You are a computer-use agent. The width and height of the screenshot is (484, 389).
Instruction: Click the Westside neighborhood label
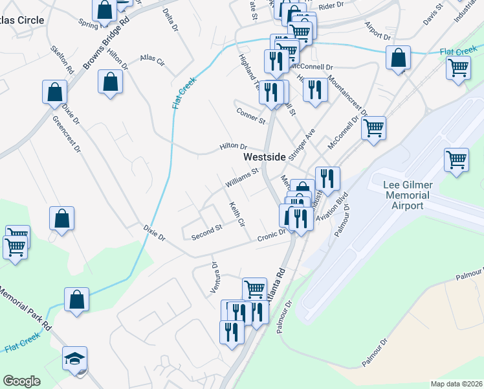coord(263,157)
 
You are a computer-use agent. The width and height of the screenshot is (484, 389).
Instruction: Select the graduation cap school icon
coord(75,358)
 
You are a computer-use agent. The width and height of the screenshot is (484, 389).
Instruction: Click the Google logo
coord(21,381)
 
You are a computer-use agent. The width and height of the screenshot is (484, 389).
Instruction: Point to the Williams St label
coord(241,178)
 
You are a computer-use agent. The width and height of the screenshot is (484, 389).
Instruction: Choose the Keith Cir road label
coord(236,215)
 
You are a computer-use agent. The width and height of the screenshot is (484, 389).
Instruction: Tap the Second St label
coord(206,233)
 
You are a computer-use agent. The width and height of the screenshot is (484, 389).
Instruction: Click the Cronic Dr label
coord(272,236)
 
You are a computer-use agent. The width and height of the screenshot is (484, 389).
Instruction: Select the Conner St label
coord(251,117)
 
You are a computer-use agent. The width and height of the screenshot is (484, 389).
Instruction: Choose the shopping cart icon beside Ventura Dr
coord(254,289)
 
